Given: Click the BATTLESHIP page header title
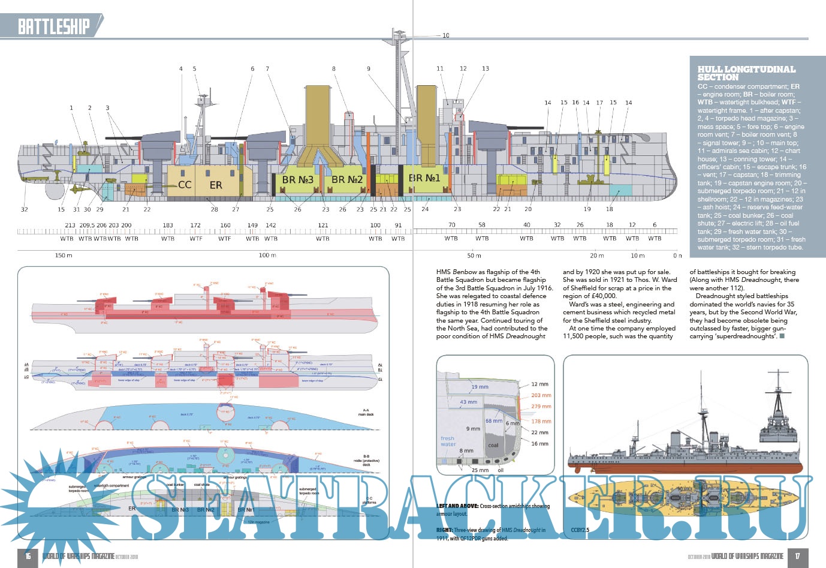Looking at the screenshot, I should pyautogui.click(x=53, y=26).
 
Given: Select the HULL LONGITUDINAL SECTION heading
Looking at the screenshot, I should pyautogui.click(x=746, y=73).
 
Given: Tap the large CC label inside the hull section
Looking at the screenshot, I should pyautogui.click(x=185, y=185).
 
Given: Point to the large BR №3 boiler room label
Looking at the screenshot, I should pyautogui.click(x=297, y=179).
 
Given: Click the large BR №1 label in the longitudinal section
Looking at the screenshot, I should pyautogui.click(x=424, y=178).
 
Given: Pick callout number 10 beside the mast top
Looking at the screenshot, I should pyautogui.click(x=445, y=35).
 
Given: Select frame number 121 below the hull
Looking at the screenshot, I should pyautogui.click(x=323, y=226).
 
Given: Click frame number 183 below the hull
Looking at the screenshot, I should pyautogui.click(x=168, y=226).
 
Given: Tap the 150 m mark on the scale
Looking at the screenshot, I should pyautogui.click(x=64, y=256).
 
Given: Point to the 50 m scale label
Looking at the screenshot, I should pyautogui.click(x=474, y=256).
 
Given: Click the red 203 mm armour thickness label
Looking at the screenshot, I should pyautogui.click(x=541, y=395).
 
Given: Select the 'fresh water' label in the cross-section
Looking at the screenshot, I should pyautogui.click(x=448, y=441).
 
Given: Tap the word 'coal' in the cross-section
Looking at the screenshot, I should pyautogui.click(x=493, y=445).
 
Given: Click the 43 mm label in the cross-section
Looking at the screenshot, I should pyautogui.click(x=468, y=402).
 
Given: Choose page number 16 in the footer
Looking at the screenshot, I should pyautogui.click(x=28, y=556).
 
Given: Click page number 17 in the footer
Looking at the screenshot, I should pyautogui.click(x=797, y=556).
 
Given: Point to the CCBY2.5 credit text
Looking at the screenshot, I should pyautogui.click(x=580, y=530).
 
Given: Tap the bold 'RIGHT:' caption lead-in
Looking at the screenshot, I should pyautogui.click(x=444, y=530).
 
